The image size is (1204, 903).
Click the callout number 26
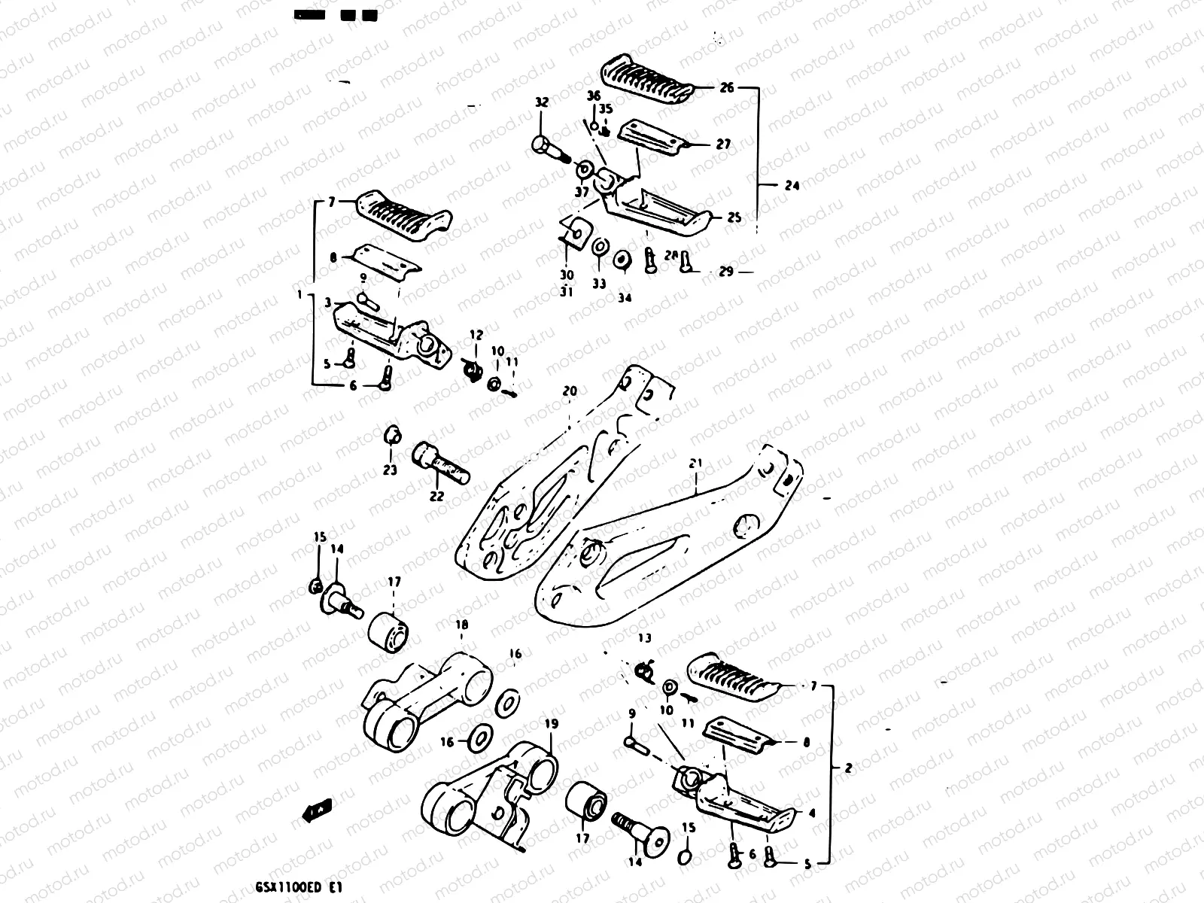[726, 88]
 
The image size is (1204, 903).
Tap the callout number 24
[791, 185]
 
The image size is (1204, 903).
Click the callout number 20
[570, 391]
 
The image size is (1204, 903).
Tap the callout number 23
[390, 471]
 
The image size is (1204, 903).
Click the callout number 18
[462, 624]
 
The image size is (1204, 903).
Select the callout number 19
[552, 724]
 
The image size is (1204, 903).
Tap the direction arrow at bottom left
[316, 810]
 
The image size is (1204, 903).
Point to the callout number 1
[299, 296]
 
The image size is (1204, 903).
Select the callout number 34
[625, 297]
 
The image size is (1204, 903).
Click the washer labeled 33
[600, 246]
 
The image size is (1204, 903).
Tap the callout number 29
[725, 272]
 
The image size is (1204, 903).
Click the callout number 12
[477, 334]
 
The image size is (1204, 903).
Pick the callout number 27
[723, 144]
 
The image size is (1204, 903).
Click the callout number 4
[811, 813]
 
